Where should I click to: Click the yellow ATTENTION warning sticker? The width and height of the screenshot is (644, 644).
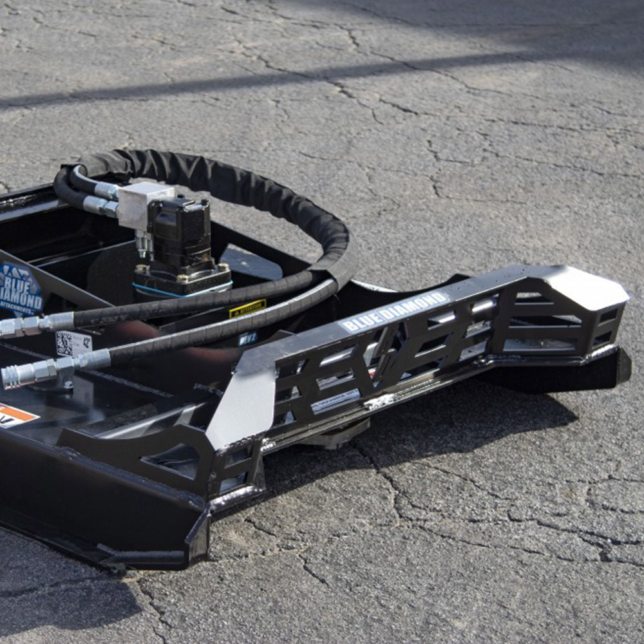tap(247, 308)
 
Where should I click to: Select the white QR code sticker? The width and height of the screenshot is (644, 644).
tap(72, 343)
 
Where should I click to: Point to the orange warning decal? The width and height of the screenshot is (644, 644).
tap(14, 415)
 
